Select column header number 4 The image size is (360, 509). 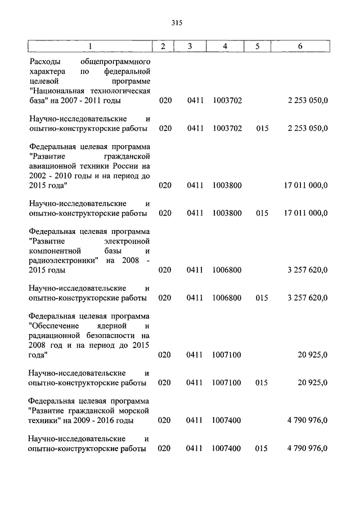pyautogui.click(x=225, y=46)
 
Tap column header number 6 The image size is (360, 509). pyautogui.click(x=300, y=46)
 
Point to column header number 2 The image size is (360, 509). pyautogui.click(x=163, y=46)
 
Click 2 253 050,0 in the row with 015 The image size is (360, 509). pyautogui.click(x=307, y=128)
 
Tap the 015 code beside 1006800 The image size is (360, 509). pyautogui.click(x=262, y=298)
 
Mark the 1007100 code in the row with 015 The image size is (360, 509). pyautogui.click(x=228, y=382)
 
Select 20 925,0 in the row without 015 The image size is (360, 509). pyautogui.click(x=313, y=355)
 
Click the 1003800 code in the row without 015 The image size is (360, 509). pyautogui.click(x=228, y=185)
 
